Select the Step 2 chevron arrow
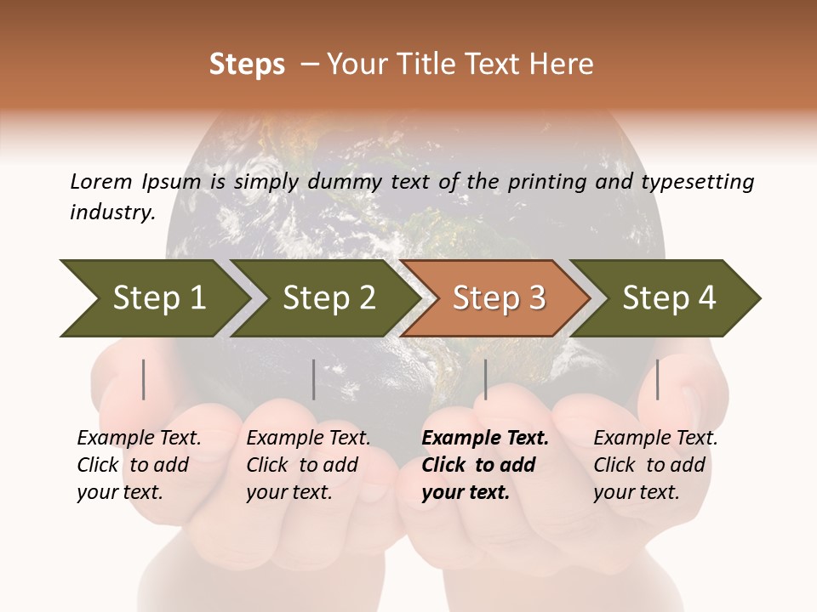[328, 297]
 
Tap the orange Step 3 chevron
[497, 297]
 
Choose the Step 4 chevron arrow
[668, 297]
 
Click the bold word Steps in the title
[247, 65]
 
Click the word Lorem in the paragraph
[100, 181]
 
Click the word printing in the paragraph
[549, 181]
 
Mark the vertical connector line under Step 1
[144, 379]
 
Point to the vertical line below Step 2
[314, 379]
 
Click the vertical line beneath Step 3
[485, 379]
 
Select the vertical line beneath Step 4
[657, 379]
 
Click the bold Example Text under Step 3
[485, 439]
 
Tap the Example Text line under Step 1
[139, 439]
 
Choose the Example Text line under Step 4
[655, 439]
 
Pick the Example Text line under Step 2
[308, 439]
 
